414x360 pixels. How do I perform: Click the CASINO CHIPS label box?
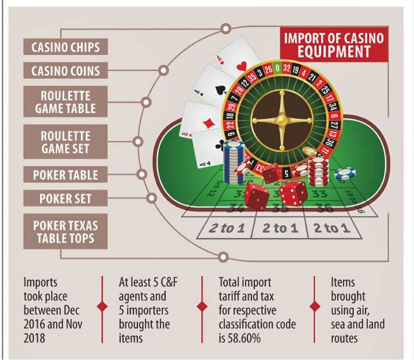click(66, 47)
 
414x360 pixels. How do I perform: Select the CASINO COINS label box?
click(66, 71)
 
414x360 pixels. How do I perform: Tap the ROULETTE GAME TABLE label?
click(66, 102)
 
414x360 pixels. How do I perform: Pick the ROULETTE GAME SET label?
click(66, 142)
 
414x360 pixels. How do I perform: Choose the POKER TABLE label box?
click(66, 174)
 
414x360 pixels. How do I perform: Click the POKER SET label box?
click(66, 198)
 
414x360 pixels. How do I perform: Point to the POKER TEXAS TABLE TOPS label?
click(66, 231)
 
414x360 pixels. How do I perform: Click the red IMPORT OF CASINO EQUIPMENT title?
click(333, 45)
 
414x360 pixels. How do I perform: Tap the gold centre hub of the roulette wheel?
click(281, 120)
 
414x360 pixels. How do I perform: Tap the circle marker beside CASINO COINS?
click(163, 70)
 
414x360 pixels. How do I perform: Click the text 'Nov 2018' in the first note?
click(70, 324)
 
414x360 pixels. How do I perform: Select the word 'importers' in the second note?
click(144, 310)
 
